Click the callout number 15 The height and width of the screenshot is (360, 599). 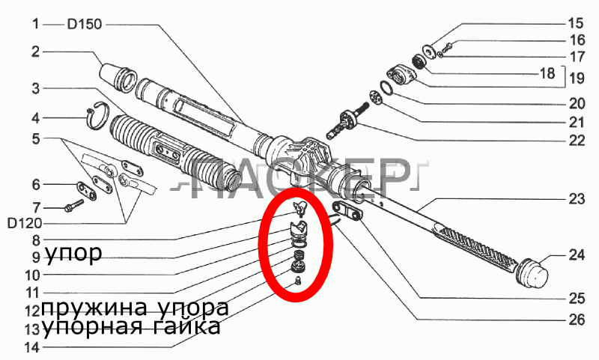576,23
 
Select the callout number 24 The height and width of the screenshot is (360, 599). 577,254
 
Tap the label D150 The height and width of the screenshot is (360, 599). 85,24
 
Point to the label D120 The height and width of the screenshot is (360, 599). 25,223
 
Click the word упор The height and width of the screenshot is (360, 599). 73,253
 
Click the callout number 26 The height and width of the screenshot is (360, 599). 577,320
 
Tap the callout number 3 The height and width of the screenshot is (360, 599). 35,89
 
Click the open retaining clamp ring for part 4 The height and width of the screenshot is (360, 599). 99,116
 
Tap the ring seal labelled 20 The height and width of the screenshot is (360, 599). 387,88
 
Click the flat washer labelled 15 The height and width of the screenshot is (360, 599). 428,52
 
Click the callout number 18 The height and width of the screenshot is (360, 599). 548,73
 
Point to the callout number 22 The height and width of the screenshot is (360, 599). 577,141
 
